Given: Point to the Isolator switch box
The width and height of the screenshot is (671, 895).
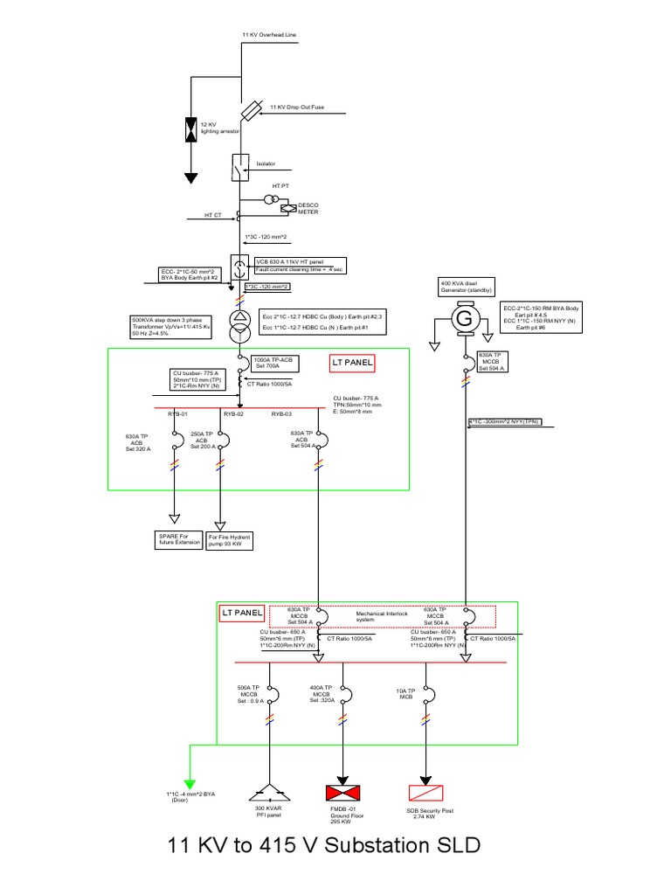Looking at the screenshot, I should pos(239,166).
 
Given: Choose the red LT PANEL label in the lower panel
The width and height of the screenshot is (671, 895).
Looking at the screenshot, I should pos(240,614).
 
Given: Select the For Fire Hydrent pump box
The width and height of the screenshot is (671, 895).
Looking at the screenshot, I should pos(230,539).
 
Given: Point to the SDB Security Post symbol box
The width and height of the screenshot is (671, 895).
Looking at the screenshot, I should pos(426,794).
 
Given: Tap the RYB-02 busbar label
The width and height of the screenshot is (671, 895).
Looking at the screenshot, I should pos(232,414).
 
